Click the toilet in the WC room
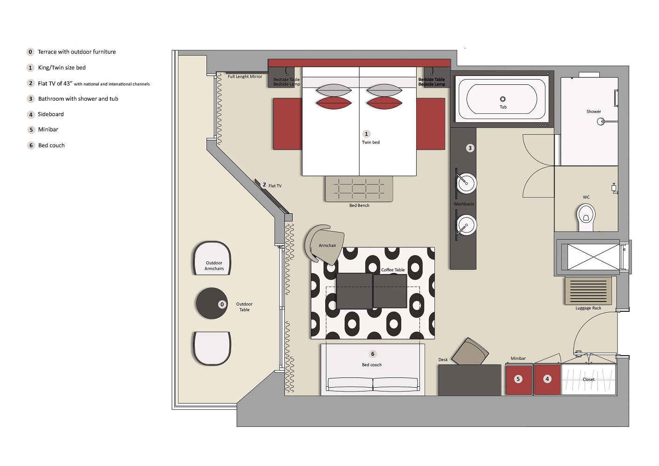[586, 218]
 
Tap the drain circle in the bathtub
[503, 99]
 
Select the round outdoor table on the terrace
[212, 303]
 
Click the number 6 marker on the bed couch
[373, 354]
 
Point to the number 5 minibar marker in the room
[518, 379]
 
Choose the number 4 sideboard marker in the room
[547, 379]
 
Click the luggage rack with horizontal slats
[588, 291]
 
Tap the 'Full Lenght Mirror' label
[245, 76]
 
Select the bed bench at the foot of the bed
[359, 189]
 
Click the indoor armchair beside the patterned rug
[325, 245]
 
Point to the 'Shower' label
[594, 111]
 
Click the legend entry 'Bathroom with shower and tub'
[78, 99]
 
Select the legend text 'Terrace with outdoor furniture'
[77, 52]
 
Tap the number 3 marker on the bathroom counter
[470, 148]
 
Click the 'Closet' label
[588, 379]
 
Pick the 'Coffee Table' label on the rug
[393, 270]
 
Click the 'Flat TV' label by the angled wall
[275, 186]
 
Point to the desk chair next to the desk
[470, 351]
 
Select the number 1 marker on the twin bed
[366, 134]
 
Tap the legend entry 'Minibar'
[48, 130]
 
